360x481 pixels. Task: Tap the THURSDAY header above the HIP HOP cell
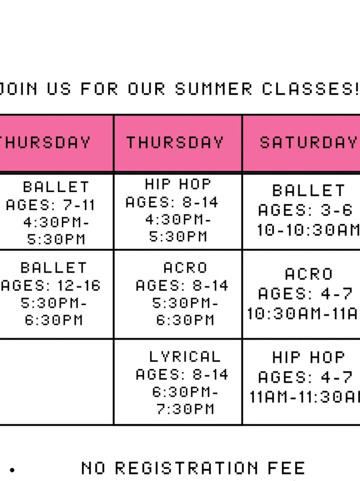(x=175, y=142)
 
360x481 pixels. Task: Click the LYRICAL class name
(x=185, y=357)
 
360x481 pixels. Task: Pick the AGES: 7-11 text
(x=50, y=205)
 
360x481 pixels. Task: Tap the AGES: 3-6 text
(x=305, y=210)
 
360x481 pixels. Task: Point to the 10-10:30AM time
(x=308, y=230)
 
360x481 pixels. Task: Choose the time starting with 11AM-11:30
(x=304, y=397)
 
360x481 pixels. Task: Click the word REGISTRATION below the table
(x=187, y=468)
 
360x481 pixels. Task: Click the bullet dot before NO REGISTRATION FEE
(x=12, y=470)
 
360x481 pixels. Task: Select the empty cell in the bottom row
(x=56, y=382)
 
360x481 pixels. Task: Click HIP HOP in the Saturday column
(x=308, y=357)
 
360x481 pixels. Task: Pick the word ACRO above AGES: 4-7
(x=309, y=274)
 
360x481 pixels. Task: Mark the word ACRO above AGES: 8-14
(x=185, y=268)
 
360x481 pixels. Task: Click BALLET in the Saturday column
(x=309, y=190)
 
